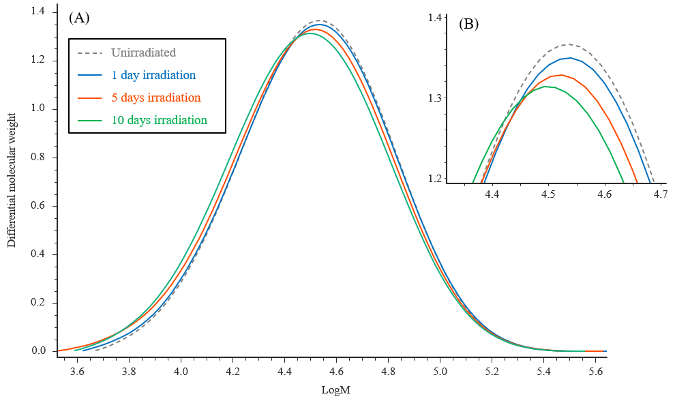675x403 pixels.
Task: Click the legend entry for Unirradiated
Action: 143,53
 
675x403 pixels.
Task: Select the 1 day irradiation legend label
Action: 153,75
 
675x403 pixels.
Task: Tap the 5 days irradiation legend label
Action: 155,98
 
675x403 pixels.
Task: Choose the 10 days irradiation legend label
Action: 159,120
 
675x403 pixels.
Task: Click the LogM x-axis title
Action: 335,391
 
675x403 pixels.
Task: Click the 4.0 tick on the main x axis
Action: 181,373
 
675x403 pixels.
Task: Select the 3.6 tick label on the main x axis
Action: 77,373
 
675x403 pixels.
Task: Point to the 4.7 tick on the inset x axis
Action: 660,195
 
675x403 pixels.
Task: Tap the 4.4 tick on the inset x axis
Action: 491,195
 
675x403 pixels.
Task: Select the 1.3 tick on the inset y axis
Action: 434,98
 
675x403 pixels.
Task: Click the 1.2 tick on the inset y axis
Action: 434,179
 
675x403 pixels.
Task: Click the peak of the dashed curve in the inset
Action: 569,45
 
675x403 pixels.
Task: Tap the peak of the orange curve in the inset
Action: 559,75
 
